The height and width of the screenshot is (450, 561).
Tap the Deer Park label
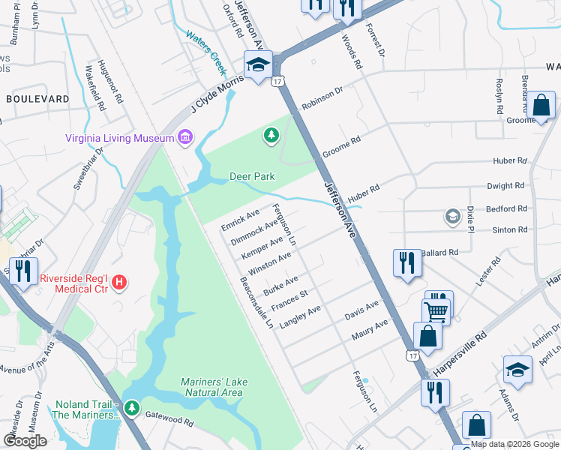pos(251,177)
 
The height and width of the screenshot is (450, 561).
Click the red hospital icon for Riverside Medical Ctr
pos(119,282)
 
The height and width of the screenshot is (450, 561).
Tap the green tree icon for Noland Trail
pos(132,408)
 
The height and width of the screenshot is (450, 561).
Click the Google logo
pos(25,441)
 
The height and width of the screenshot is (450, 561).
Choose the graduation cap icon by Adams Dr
pos(517,370)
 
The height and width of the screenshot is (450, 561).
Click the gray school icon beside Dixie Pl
pos(451,217)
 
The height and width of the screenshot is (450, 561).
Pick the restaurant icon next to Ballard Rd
pos(407,263)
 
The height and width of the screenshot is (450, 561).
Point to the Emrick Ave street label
pos(240,220)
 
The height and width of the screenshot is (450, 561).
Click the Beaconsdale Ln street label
pos(256,303)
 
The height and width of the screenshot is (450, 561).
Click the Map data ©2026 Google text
pos(514,443)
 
